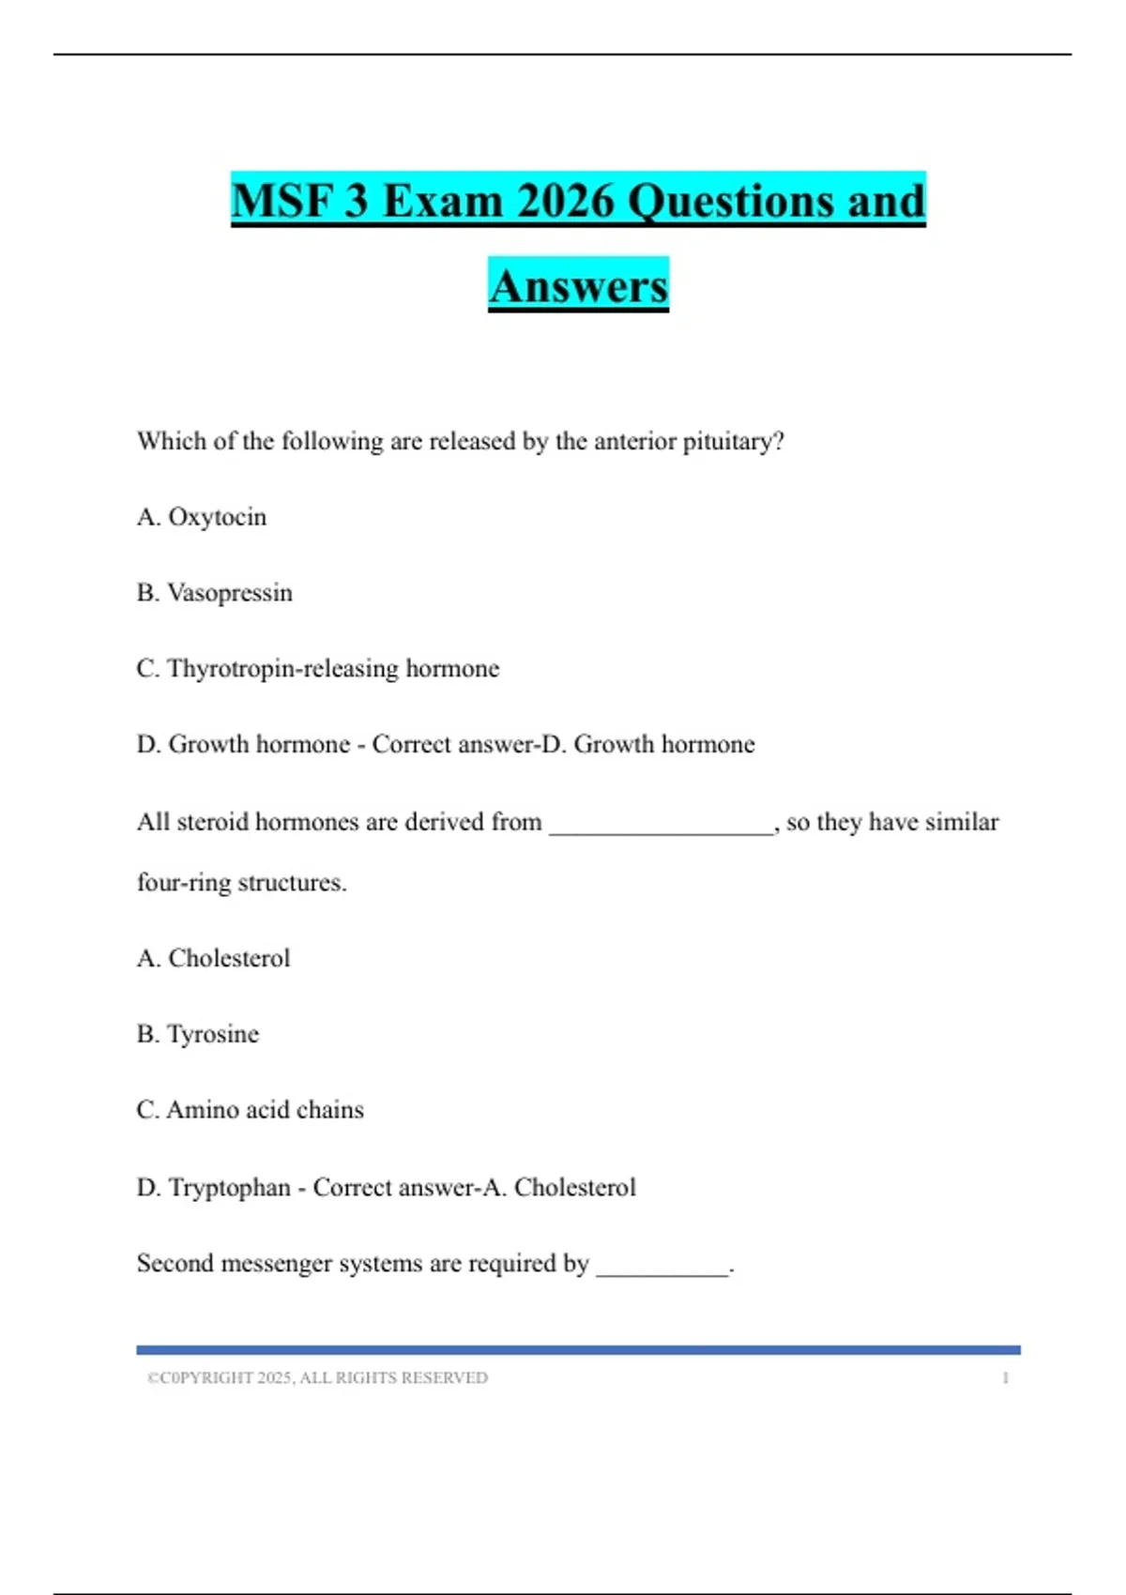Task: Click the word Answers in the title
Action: point(578,286)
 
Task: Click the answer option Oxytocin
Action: point(217,517)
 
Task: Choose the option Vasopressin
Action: point(229,593)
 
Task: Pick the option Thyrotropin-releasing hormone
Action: point(332,669)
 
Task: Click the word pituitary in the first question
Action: point(733,441)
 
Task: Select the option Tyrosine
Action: point(212,1034)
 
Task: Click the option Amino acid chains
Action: point(265,1110)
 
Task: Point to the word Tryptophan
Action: point(229,1188)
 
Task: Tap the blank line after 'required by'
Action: point(662,1266)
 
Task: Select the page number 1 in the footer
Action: point(1005,1378)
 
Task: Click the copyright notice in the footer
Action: point(317,1378)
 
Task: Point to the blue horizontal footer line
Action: point(578,1350)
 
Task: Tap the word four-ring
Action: point(184,883)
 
